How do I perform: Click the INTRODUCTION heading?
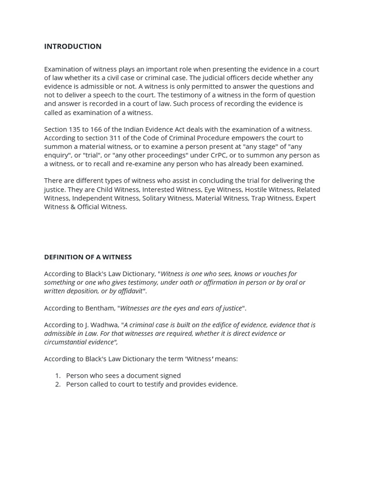coord(73,46)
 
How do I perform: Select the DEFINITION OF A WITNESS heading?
coord(88,257)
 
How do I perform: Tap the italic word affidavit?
coord(128,291)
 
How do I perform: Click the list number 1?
coord(58,376)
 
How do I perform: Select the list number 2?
coord(58,384)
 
